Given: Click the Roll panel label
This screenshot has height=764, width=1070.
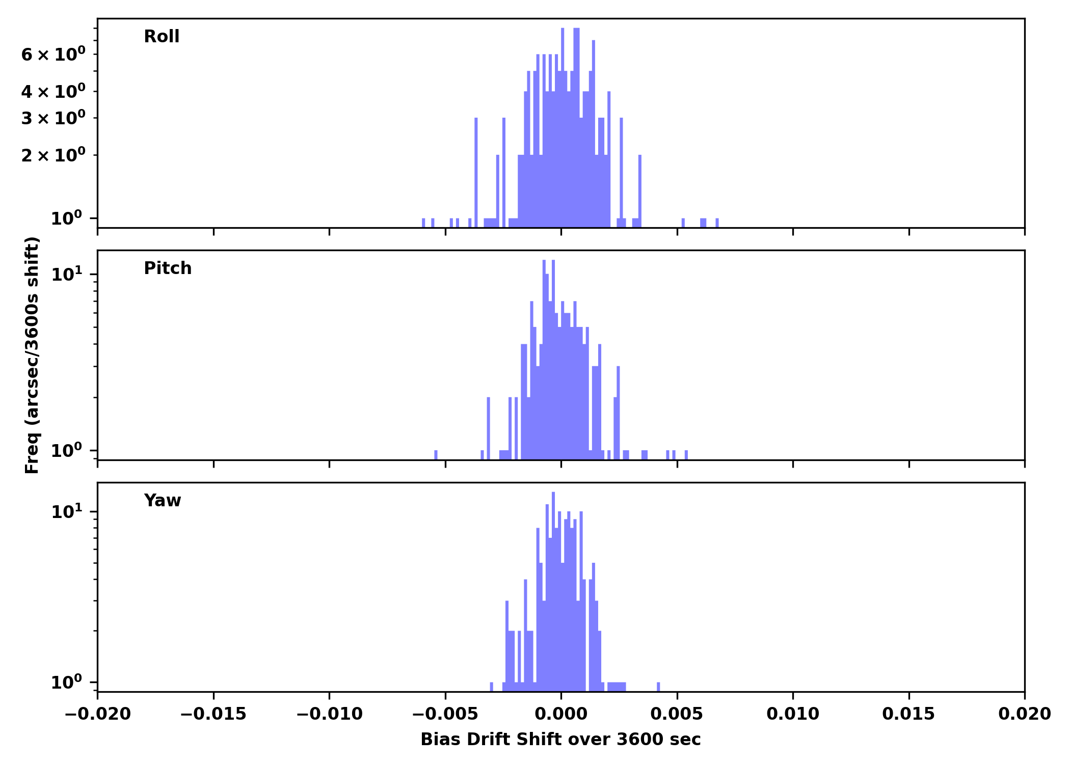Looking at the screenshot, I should (162, 37).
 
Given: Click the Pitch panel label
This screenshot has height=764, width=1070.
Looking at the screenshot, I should (168, 268).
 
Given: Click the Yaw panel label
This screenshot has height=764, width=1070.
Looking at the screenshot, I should (162, 501).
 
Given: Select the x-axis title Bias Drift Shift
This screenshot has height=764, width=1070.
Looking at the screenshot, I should (560, 740).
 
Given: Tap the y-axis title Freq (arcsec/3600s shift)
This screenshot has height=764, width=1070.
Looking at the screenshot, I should (32, 355).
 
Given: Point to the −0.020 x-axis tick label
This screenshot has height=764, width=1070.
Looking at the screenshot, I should (98, 714).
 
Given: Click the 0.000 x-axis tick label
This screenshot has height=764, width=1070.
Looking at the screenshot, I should (561, 714).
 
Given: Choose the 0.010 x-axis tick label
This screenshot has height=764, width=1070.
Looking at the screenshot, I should (793, 714).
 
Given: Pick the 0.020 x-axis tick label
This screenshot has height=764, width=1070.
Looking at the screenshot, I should (1024, 714).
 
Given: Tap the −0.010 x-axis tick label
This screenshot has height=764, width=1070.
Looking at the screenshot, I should (329, 714).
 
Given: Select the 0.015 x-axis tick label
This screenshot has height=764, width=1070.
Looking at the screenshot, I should (908, 714).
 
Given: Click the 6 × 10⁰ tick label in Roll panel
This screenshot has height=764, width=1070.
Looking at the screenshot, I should (53, 54).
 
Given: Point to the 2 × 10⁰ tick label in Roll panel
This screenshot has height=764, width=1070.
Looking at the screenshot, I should (53, 155).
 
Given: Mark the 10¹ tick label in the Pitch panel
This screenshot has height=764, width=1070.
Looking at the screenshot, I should (66, 275).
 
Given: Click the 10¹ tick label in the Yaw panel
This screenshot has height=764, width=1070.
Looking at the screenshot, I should (66, 511).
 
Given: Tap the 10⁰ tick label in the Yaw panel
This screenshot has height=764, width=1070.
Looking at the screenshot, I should (66, 682).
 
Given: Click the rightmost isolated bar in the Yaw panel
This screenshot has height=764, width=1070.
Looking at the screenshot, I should (658, 687).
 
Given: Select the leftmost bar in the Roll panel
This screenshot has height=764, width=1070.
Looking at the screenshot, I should (423, 223).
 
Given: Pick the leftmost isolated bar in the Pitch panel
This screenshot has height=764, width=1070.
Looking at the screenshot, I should (436, 454).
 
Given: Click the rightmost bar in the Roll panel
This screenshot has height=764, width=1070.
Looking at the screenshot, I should (717, 223).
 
